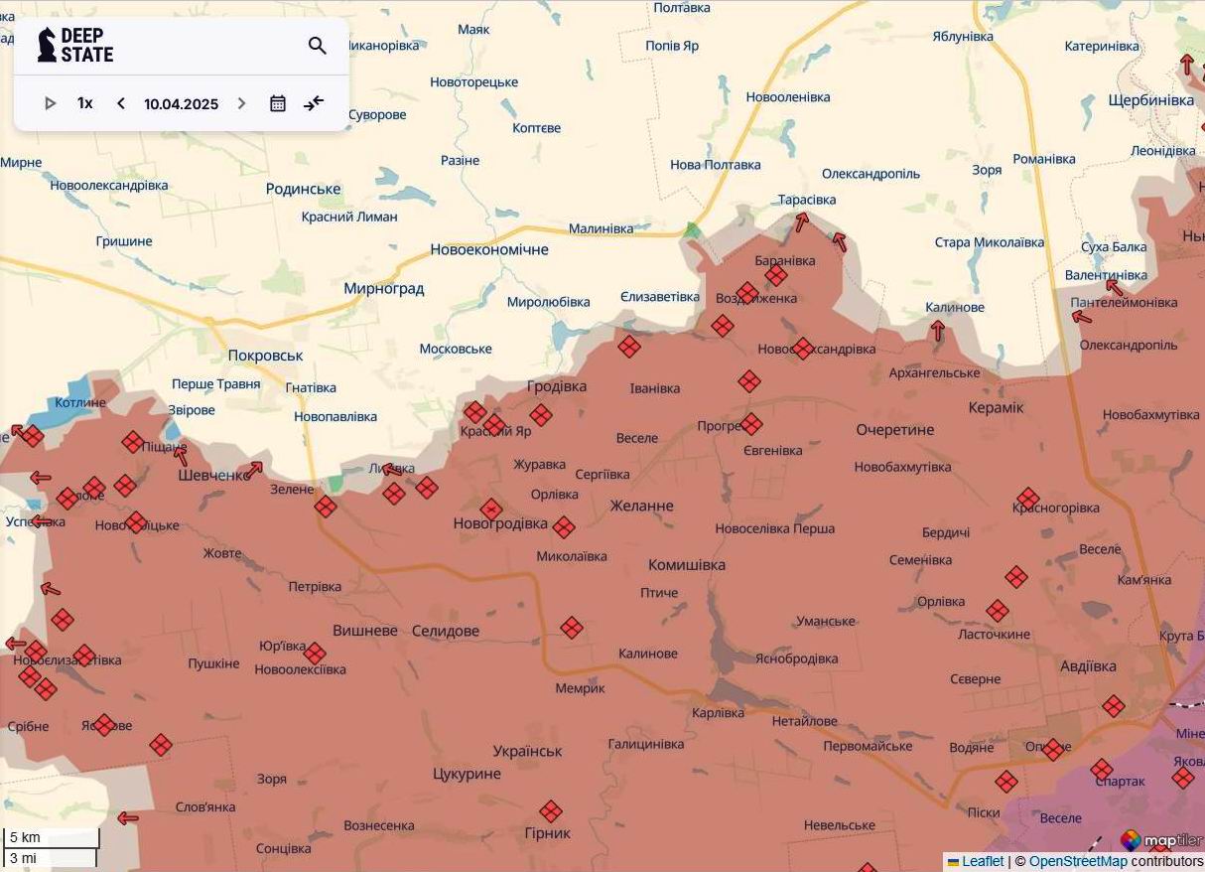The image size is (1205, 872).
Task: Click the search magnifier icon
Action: click(x=318, y=46)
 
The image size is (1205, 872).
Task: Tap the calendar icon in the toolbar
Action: click(x=278, y=103)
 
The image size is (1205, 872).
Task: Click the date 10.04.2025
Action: click(x=181, y=104)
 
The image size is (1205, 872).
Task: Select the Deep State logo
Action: click(x=75, y=46)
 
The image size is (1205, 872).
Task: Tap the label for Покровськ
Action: click(x=265, y=356)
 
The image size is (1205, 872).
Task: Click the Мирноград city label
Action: click(x=383, y=289)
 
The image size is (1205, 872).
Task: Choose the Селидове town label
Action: click(x=445, y=631)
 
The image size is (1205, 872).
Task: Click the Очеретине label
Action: click(x=895, y=430)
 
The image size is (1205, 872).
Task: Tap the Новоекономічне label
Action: click(x=488, y=249)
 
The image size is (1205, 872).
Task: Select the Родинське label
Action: click(x=303, y=189)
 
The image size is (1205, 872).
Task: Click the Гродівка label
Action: click(x=556, y=386)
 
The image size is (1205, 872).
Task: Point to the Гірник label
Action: click(x=549, y=833)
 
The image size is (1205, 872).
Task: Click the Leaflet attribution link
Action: click(x=983, y=862)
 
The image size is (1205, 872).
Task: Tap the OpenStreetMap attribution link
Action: click(x=1078, y=862)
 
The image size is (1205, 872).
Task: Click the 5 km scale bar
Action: click(x=51, y=837)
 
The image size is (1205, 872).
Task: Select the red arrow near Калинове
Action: click(x=937, y=331)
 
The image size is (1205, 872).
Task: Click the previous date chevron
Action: click(x=121, y=103)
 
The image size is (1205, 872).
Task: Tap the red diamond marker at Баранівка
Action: click(x=776, y=275)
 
